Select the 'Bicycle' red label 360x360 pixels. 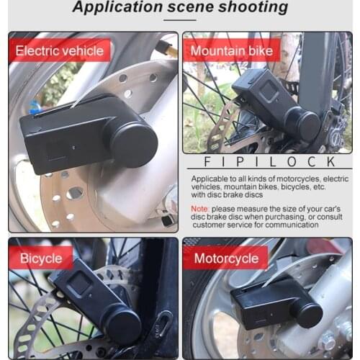[41, 258]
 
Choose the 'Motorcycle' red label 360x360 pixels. [225, 258]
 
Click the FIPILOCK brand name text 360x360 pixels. [270, 162]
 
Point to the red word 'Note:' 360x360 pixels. [201, 208]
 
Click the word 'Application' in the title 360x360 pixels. [117, 9]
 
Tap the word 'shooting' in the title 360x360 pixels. [251, 9]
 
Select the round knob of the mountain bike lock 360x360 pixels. [303, 124]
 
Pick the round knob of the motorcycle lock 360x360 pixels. [307, 314]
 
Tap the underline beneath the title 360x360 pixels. [179, 21]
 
